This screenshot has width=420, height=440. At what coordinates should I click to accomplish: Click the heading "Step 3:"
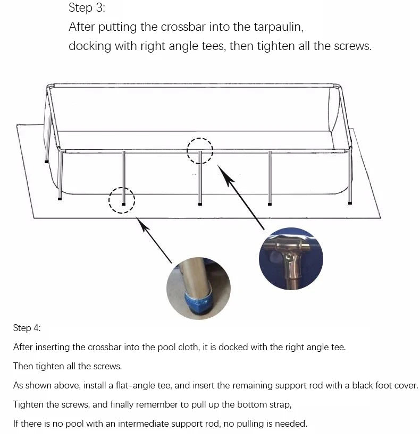tap(87, 8)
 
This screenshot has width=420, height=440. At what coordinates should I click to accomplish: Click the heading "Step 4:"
tap(27, 328)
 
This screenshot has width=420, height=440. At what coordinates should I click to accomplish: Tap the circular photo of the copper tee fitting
tap(291, 259)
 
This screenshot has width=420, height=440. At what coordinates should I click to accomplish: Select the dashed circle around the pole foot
tap(122, 200)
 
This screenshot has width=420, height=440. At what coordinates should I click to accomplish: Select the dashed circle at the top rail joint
tap(199, 151)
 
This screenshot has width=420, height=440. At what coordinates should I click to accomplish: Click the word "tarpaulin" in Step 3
tap(276, 27)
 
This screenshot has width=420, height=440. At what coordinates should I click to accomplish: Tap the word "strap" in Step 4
tap(278, 404)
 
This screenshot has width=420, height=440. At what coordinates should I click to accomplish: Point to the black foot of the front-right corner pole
tap(350, 202)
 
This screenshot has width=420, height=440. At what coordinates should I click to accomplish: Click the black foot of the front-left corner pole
tap(60, 199)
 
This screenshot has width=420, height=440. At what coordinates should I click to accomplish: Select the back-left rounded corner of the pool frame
tap(49, 87)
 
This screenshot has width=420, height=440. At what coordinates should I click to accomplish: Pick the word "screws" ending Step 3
tap(352, 46)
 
